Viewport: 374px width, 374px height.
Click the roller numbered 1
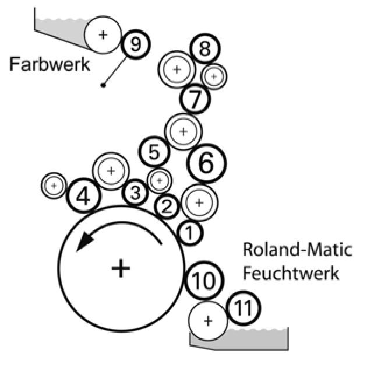pyautogui.click(x=189, y=233)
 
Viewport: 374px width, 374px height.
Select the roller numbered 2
pyautogui.click(x=167, y=206)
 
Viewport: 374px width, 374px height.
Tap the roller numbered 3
pyautogui.click(x=135, y=193)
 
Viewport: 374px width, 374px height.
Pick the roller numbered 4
pyautogui.click(x=83, y=197)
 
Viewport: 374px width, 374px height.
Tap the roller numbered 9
pyautogui.click(x=135, y=44)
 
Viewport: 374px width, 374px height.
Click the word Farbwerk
pyautogui.click(x=49, y=63)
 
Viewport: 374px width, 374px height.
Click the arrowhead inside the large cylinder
pyautogui.click(x=85, y=239)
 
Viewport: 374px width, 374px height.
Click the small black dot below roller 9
pyautogui.click(x=103, y=85)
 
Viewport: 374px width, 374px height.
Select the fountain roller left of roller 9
pyautogui.click(x=103, y=34)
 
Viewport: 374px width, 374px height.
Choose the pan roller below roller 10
pyautogui.click(x=208, y=320)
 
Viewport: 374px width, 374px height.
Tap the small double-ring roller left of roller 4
pyautogui.click(x=54, y=186)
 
